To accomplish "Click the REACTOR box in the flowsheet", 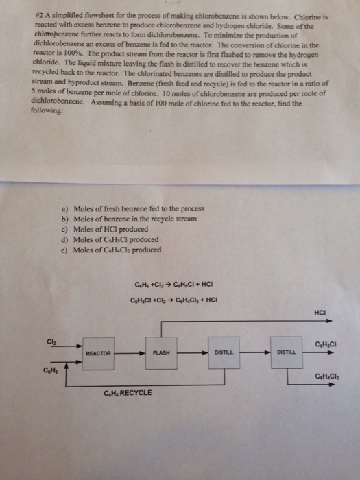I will (99, 352).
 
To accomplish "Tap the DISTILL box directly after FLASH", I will (223, 352).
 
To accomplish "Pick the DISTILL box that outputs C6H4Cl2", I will (285, 352).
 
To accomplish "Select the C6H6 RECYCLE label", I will (128, 392).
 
